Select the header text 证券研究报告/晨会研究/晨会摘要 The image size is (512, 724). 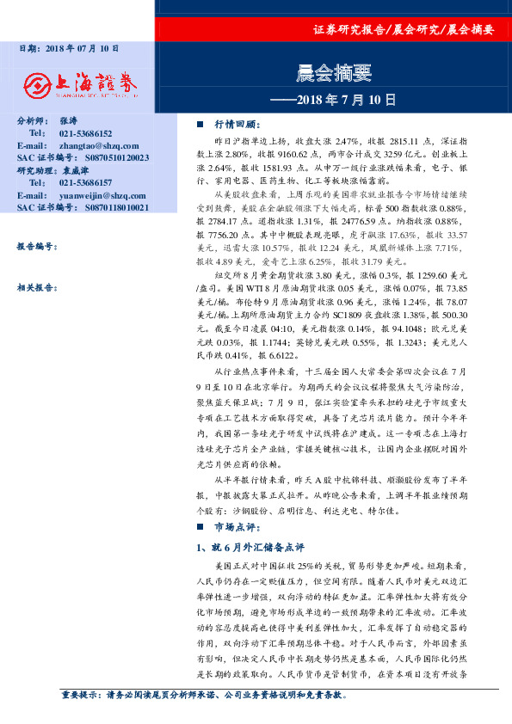404,30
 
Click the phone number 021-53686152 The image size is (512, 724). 86,134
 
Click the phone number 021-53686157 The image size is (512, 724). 86,183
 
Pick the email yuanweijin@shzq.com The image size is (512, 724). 96,195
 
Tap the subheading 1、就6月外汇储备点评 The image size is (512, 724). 244,547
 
